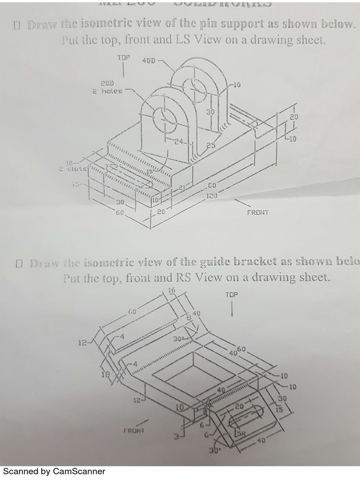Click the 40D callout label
(149, 60)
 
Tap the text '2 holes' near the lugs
(107, 91)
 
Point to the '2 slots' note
(71, 169)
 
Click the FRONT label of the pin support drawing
(258, 212)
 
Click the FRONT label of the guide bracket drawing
(134, 429)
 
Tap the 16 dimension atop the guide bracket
(171, 291)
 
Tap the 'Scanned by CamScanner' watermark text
(54, 471)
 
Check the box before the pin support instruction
(18, 25)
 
